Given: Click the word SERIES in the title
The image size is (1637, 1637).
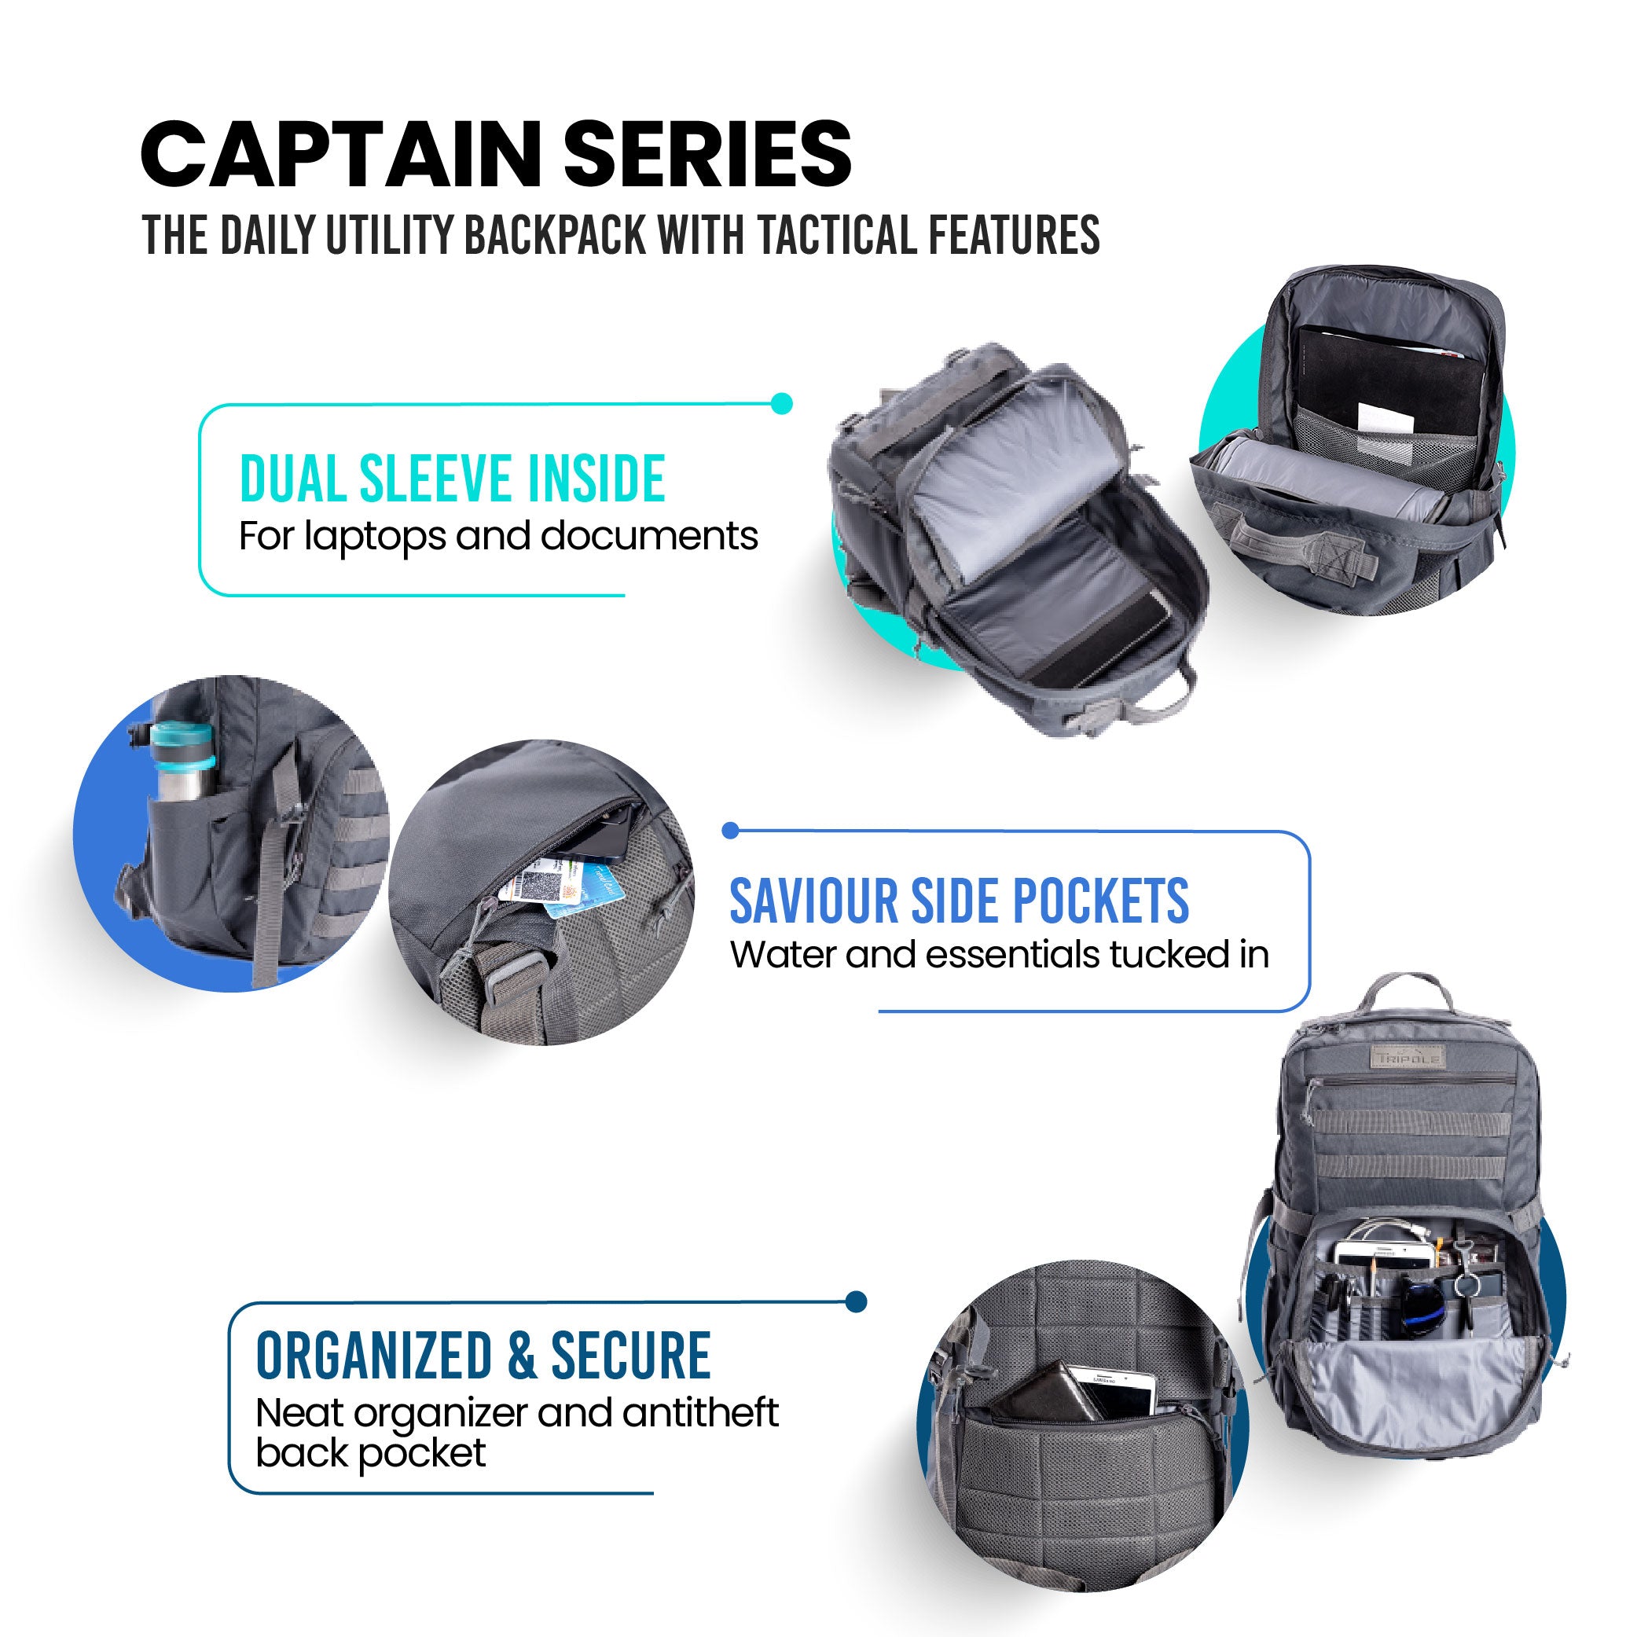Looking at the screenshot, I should pos(707,155).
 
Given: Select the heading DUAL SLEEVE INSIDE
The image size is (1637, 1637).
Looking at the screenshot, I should pos(452,479).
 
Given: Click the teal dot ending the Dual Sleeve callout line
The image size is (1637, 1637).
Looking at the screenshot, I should pos(782,403).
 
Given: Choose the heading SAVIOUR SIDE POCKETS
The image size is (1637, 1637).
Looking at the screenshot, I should pos(958,901).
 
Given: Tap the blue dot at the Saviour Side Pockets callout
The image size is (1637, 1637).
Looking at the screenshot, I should pos(730,831).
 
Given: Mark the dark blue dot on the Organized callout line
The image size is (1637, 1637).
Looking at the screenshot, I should pos(856,1301).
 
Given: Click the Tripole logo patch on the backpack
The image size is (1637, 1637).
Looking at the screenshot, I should pos(1408,1059).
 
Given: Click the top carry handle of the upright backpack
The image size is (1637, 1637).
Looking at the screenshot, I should pos(1406,989).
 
